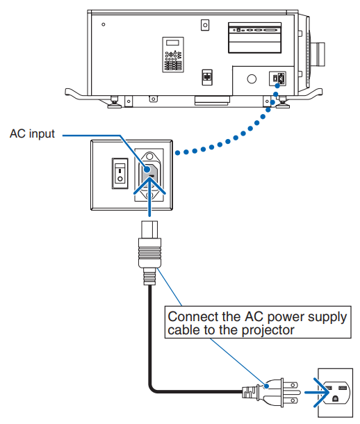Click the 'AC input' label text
coord(32,133)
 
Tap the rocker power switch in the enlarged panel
coord(120,173)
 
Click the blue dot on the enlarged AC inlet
coord(147,170)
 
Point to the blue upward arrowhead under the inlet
coord(149,186)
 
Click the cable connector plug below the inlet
coord(149,252)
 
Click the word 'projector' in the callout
coord(268,330)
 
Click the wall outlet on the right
coord(335,393)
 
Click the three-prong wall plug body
coord(270,392)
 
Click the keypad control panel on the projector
coord(173,55)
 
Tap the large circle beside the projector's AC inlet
coord(252,79)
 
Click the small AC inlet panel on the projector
coord(277,79)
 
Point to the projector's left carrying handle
coord(77,94)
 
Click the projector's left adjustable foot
coord(114,102)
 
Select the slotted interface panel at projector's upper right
coord(254,38)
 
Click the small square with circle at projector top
coord(205,25)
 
